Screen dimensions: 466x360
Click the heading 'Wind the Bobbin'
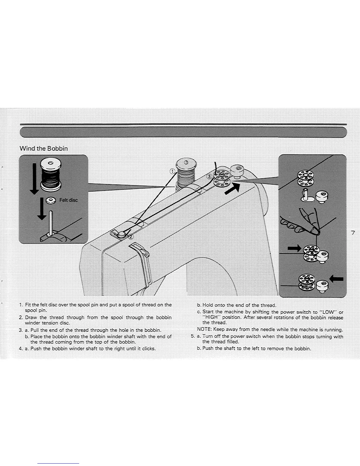[x=44, y=149]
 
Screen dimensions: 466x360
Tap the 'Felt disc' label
[x=69, y=200]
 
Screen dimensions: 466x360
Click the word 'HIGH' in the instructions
[x=211, y=318]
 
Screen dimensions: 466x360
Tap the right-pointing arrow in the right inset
[x=295, y=249]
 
